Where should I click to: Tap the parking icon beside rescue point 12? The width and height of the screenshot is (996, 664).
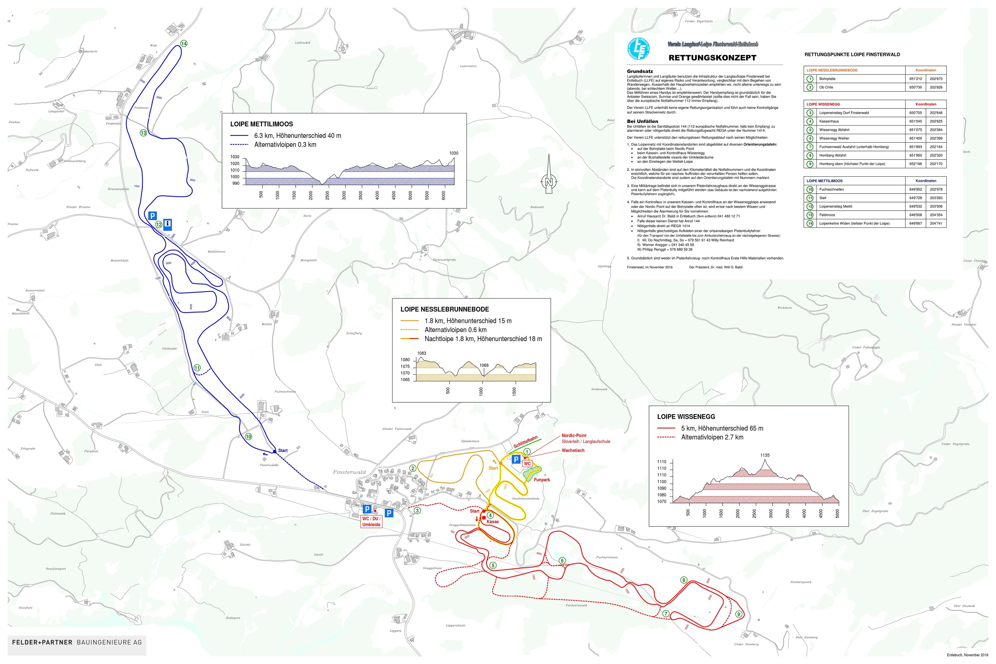coord(152,216)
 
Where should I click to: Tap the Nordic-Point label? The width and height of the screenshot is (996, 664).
coord(574,435)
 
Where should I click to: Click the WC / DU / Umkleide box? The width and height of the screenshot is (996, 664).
coord(371,522)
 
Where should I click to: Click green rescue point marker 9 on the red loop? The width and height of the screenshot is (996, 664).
coord(739,614)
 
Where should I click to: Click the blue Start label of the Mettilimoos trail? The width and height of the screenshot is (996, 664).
coord(282,451)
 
